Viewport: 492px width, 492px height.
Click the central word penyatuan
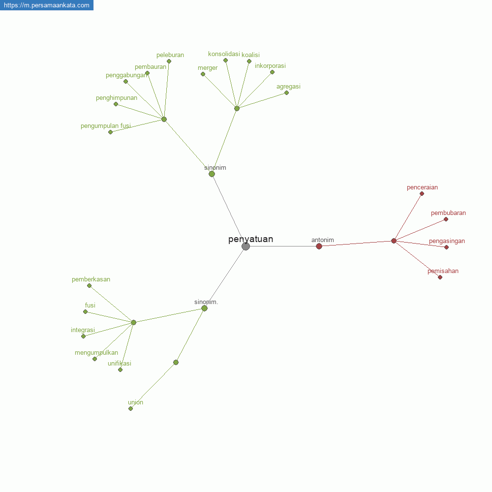[251, 240]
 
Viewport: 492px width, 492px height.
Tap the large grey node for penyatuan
[246, 246]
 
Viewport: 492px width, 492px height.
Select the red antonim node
[319, 246]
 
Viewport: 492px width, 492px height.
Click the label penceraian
[422, 187]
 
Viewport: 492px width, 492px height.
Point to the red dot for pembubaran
[446, 219]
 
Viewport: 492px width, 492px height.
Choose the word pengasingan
[447, 241]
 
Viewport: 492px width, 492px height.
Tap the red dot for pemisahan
[440, 277]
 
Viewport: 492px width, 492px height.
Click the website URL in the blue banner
[47, 5]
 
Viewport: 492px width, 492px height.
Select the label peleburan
[170, 55]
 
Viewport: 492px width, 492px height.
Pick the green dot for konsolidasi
[226, 60]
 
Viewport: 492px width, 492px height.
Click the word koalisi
[251, 55]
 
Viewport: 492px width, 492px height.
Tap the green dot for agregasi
[286, 93]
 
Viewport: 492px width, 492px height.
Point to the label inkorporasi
[270, 66]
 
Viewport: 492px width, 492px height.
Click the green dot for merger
[203, 74]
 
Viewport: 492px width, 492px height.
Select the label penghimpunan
[117, 98]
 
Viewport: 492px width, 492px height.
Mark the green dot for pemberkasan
[90, 285]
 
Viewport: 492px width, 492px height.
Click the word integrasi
[83, 330]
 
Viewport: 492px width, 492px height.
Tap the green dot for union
[130, 408]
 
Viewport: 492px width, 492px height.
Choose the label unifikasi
[120, 364]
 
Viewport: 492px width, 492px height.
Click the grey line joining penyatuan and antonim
[283, 246]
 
